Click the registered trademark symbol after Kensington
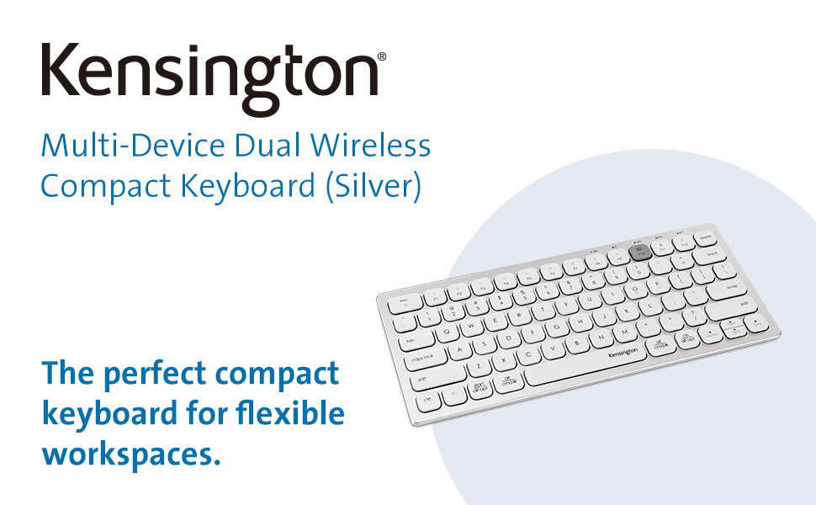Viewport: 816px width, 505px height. [382, 57]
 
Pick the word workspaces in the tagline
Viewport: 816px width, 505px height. [125, 454]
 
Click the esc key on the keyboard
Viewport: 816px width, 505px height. [404, 301]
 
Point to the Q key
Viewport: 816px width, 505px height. [447, 332]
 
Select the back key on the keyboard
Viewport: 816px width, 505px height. [713, 254]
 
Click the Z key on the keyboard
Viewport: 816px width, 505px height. [479, 366]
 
